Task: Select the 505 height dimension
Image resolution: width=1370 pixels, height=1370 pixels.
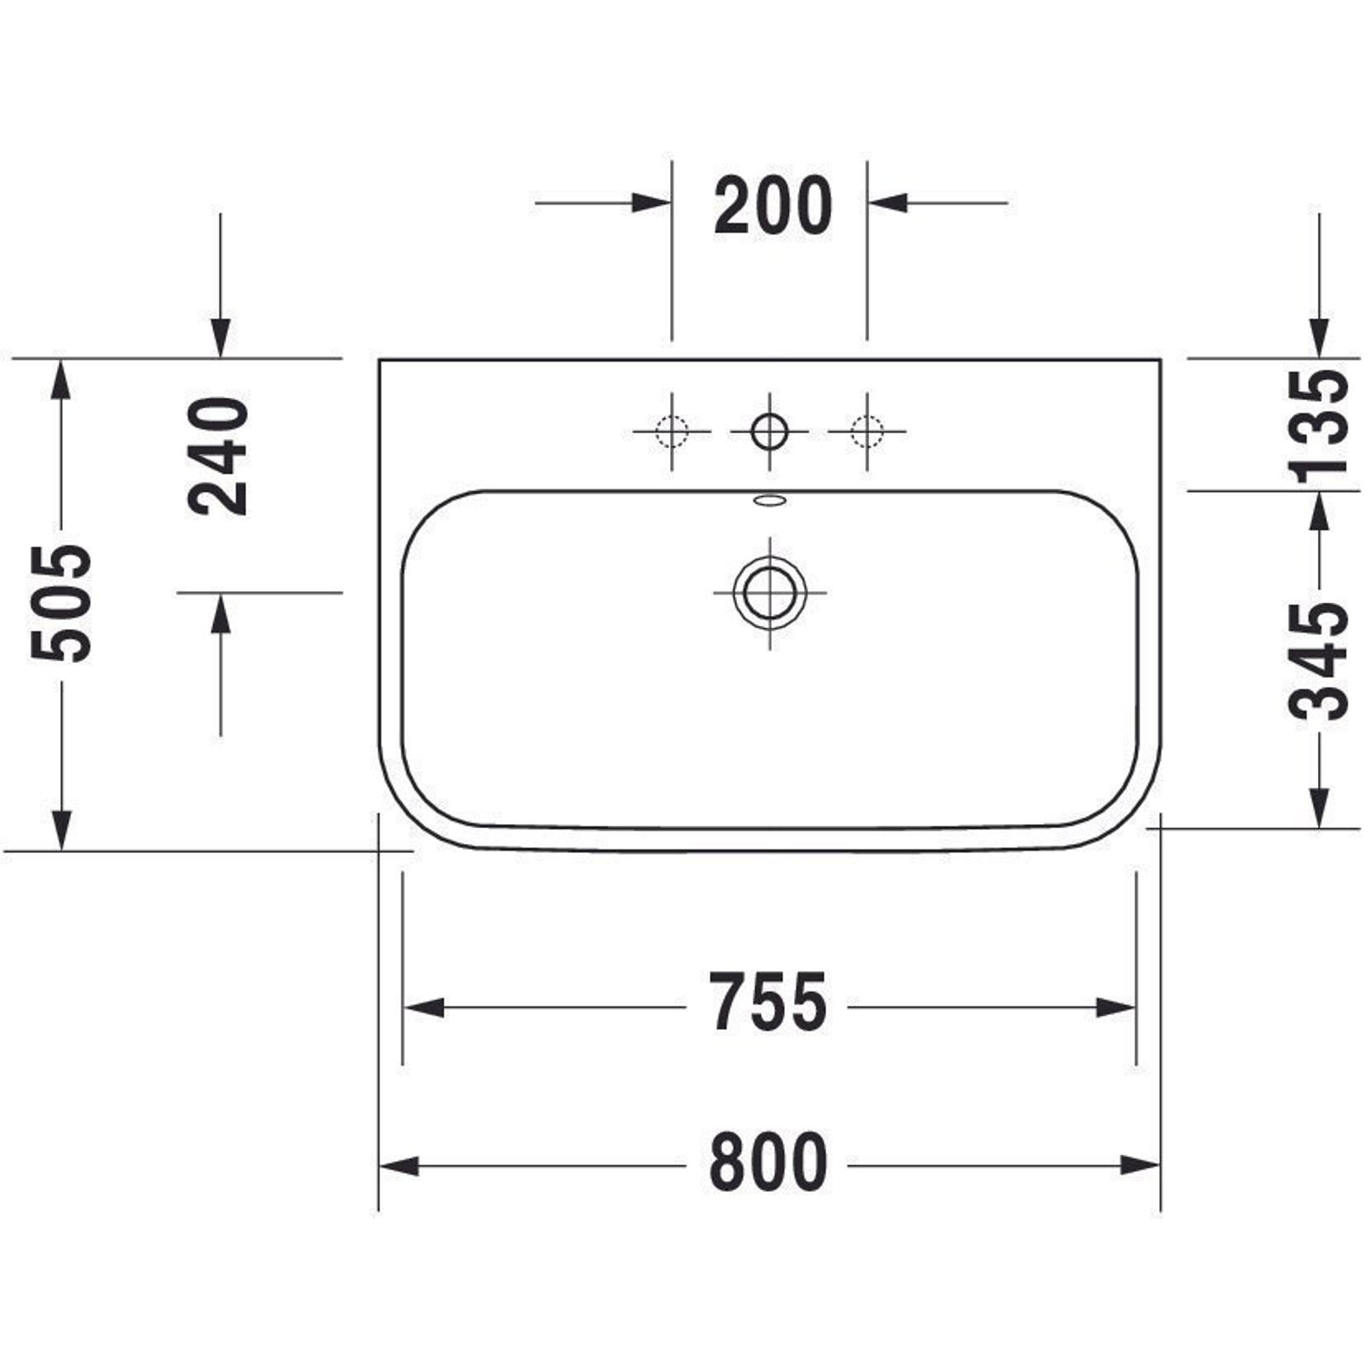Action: (62, 604)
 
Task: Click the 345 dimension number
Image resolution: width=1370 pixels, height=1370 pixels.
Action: (1318, 661)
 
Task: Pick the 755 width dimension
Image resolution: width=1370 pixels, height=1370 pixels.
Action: (769, 1001)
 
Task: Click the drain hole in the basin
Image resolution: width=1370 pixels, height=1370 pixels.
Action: (769, 592)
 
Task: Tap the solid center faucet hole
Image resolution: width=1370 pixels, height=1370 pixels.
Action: (769, 430)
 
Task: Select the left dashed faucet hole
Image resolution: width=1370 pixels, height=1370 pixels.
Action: (671, 430)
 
